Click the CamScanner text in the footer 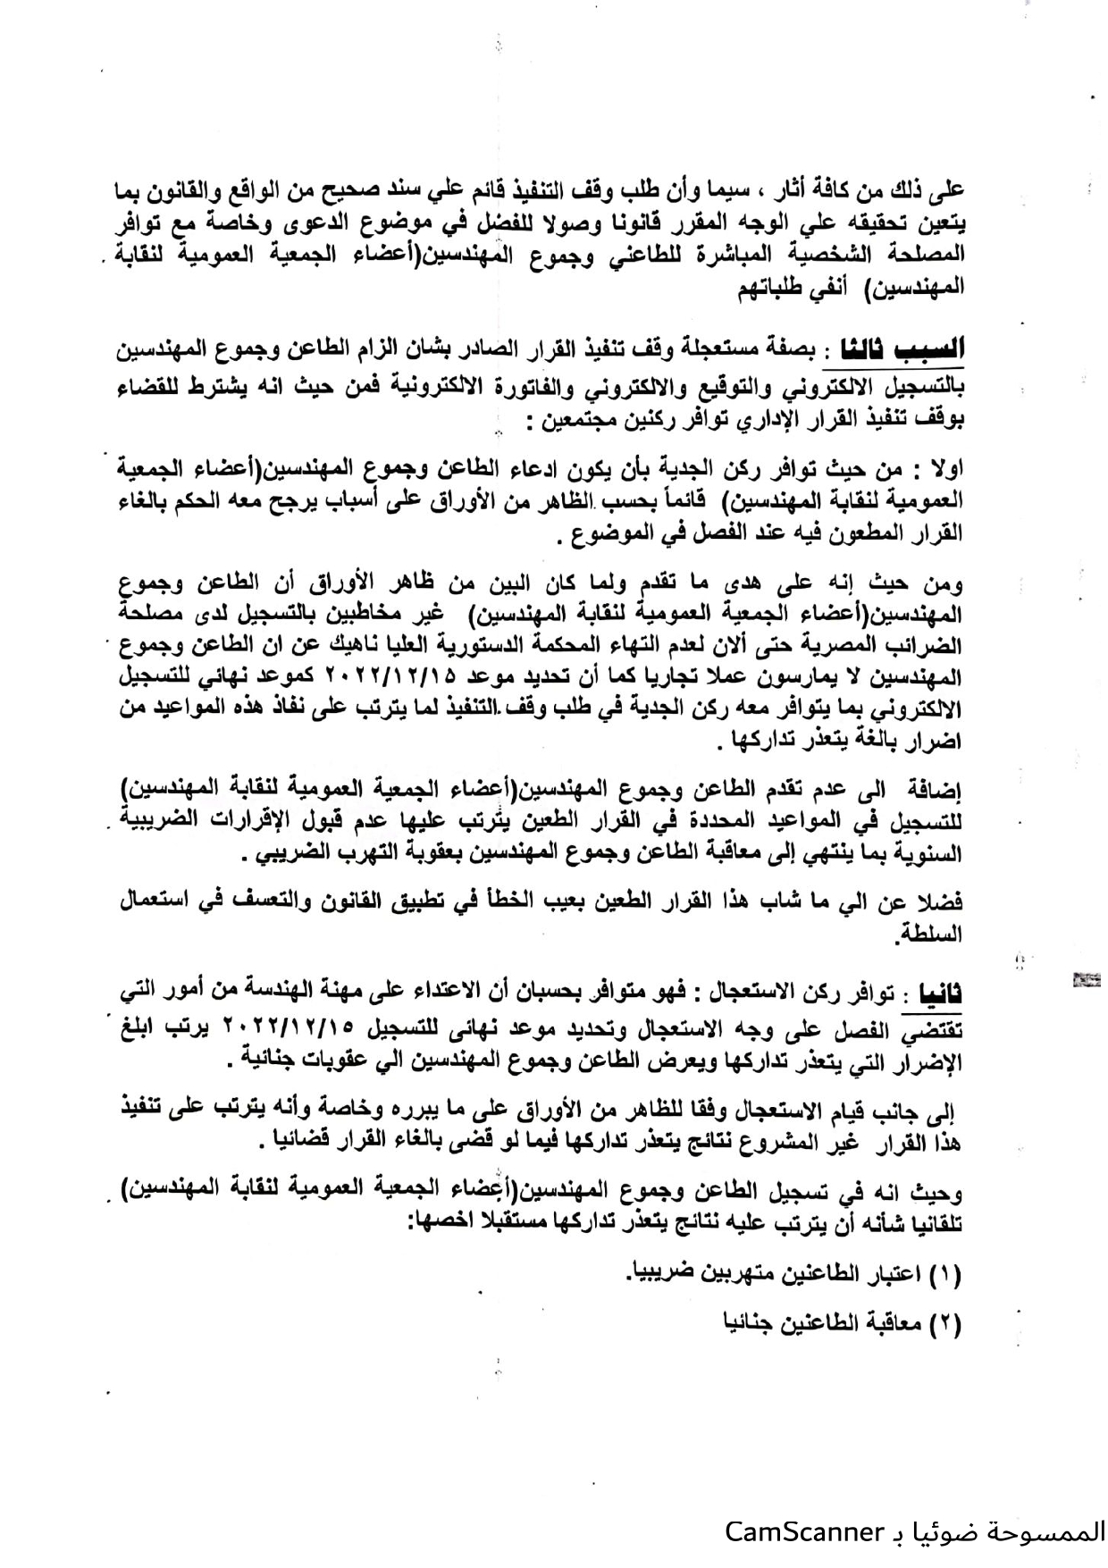click(803, 1531)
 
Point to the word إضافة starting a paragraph click(935, 790)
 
